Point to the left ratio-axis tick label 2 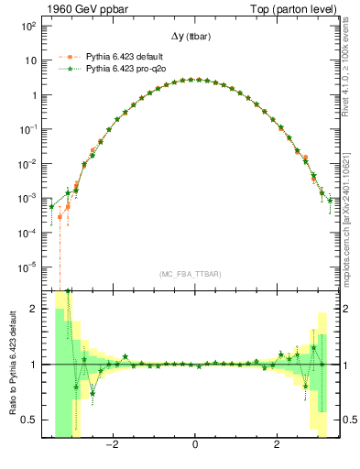[33, 310]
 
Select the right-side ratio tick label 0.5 [346, 420]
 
